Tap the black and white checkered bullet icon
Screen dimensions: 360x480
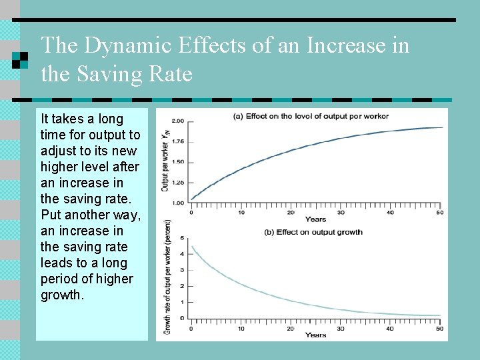[x=20, y=60]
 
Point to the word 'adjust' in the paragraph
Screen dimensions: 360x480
[x=59, y=151]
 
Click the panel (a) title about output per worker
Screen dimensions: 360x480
[x=311, y=116]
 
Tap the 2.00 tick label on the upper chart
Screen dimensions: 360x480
[x=178, y=121]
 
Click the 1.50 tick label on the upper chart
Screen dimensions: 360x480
[x=178, y=162]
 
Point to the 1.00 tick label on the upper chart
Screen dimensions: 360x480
[x=178, y=203]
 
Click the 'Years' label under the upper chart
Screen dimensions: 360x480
[x=315, y=219]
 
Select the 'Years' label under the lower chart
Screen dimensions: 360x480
[x=315, y=335]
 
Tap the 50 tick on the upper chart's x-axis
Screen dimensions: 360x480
[x=439, y=213]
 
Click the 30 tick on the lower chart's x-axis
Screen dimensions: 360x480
[x=340, y=328]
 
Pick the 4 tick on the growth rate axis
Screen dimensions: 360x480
[x=182, y=254]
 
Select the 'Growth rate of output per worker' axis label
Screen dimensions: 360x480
[x=167, y=277]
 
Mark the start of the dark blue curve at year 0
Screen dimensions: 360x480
[x=192, y=199]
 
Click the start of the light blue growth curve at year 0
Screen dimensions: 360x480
[x=192, y=247]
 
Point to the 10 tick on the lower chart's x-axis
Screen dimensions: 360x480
[x=241, y=328]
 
